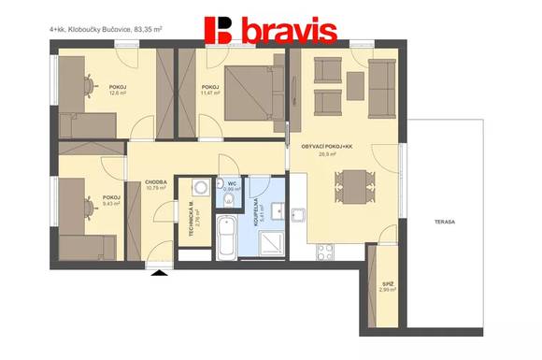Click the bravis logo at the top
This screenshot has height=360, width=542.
pos(269,30)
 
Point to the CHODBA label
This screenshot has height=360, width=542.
pos(156,182)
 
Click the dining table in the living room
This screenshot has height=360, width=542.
pos(350,181)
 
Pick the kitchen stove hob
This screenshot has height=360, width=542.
pos(325,251)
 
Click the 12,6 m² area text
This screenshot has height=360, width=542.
pos(118,93)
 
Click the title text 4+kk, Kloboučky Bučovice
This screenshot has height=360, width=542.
pos(106,30)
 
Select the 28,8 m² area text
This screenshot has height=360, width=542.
pos(326,156)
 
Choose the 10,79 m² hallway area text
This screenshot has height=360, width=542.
pos(156,189)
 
